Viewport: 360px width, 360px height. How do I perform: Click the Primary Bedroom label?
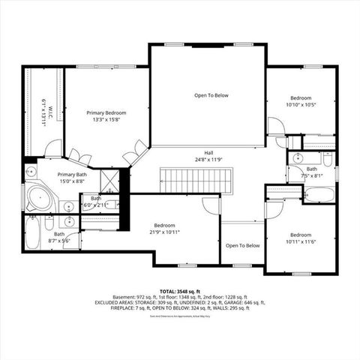[106, 112]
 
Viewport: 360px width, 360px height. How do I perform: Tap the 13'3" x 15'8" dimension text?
[106, 120]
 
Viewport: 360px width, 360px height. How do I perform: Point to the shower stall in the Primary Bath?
[109, 181]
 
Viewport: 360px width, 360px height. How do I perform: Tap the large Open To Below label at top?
[211, 95]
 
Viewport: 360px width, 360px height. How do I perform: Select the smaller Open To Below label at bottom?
[242, 245]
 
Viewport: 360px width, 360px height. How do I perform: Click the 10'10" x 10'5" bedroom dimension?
[301, 105]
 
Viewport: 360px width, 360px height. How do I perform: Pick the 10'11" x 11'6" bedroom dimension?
[301, 241]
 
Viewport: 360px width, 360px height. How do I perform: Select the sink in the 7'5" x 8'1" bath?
[298, 158]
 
